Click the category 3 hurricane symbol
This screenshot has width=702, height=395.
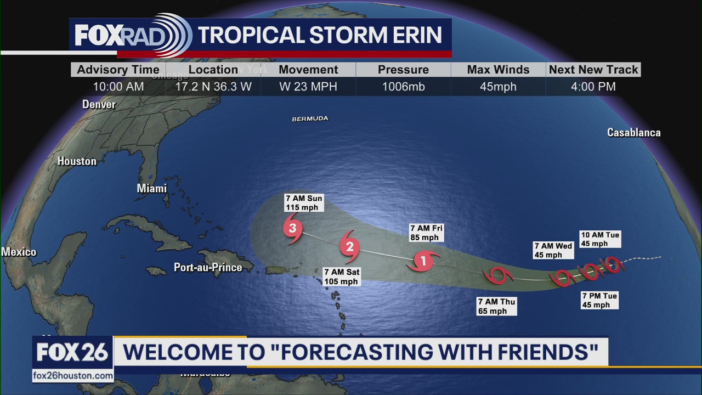click(293, 228)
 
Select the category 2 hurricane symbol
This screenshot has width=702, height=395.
click(349, 247)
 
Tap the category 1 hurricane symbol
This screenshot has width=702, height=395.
click(423, 261)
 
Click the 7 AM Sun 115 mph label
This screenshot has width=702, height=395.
click(304, 202)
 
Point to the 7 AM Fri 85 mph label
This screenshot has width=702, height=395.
click(426, 233)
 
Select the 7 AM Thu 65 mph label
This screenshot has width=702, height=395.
click(496, 306)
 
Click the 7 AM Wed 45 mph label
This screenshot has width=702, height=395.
click(553, 250)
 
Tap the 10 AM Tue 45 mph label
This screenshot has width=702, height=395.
click(600, 239)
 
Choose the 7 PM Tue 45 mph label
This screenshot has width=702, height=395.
click(599, 300)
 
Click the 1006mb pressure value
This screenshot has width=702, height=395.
click(403, 87)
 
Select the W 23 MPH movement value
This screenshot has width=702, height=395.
click(308, 87)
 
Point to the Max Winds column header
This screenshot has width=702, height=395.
click(498, 70)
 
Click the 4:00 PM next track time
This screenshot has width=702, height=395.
click(593, 87)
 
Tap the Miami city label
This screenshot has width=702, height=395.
click(151, 188)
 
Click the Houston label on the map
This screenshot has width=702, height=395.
click(77, 161)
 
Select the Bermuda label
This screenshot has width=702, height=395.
click(310, 119)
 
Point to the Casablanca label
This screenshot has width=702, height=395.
click(633, 132)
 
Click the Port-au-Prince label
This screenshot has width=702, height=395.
click(208, 267)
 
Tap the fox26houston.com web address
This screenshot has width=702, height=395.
click(73, 376)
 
